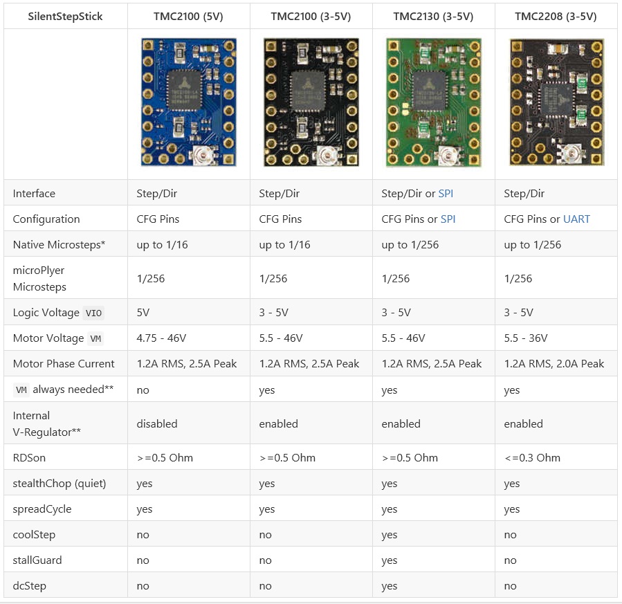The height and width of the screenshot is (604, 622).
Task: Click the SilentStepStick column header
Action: click(65, 17)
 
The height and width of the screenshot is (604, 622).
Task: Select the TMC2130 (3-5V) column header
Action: click(433, 17)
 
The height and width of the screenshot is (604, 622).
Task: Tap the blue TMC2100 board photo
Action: click(189, 102)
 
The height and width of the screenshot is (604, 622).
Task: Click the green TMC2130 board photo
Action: click(434, 102)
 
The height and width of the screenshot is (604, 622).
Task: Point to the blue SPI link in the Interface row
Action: click(446, 194)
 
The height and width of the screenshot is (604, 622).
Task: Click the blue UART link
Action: click(576, 219)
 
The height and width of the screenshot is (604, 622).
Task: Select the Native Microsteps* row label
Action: click(59, 245)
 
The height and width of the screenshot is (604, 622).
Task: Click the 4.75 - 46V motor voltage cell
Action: click(161, 338)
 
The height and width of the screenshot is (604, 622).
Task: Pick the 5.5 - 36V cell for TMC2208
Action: click(526, 338)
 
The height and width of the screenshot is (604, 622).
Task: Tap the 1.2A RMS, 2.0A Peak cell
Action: click(554, 364)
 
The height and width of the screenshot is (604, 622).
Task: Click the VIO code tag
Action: click(93, 313)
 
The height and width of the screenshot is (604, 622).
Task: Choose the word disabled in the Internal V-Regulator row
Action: click(156, 423)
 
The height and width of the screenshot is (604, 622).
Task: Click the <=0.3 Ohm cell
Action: click(532, 457)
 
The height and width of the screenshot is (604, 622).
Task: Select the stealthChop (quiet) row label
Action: click(60, 484)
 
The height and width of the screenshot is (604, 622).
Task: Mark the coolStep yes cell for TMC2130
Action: click(389, 535)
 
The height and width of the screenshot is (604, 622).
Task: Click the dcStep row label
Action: click(29, 586)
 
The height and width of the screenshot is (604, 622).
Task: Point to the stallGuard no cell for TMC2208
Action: click(510, 560)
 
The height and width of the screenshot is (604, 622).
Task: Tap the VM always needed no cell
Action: click(143, 390)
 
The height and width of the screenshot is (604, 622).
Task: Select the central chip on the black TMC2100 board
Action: click(307, 91)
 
